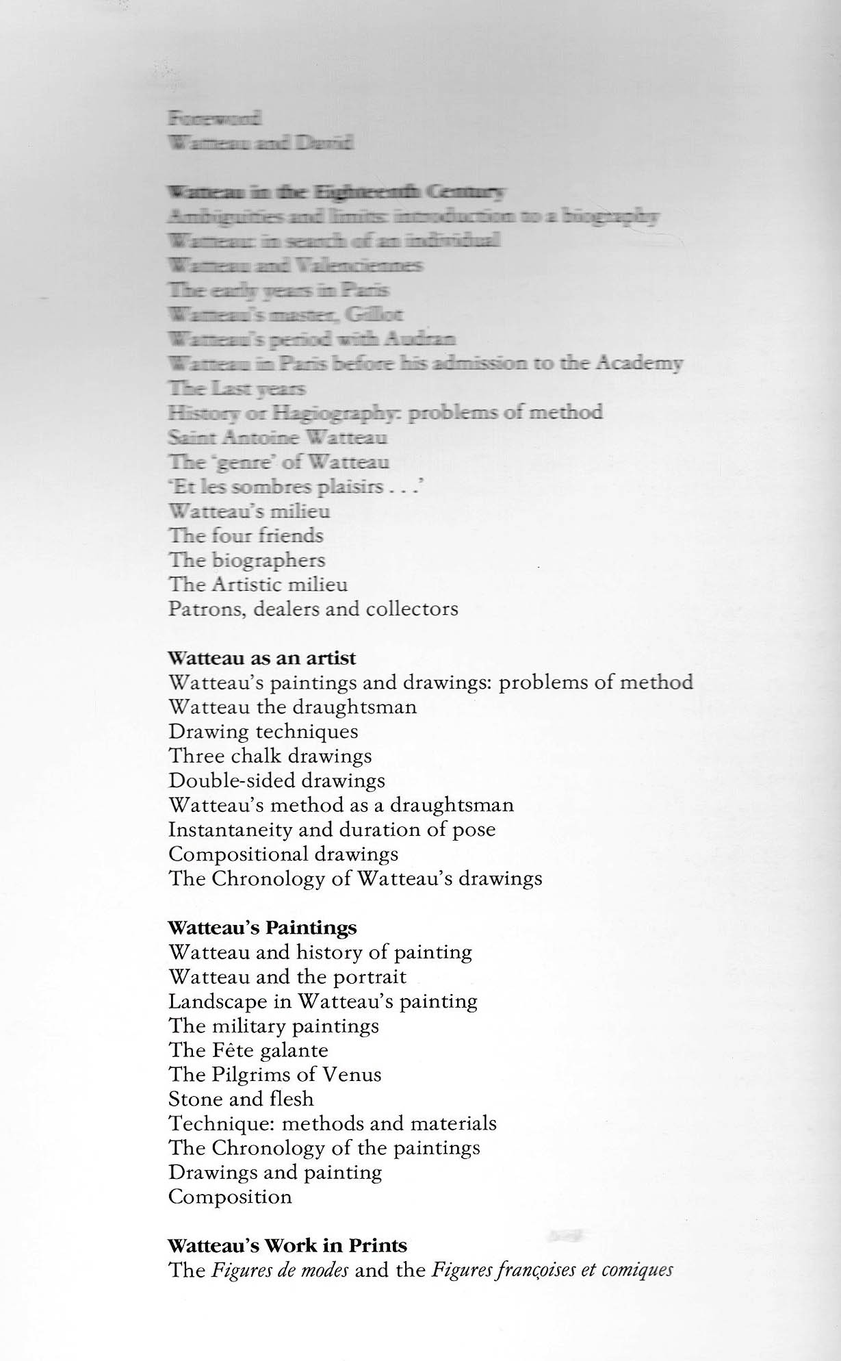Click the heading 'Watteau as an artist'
pos(262,659)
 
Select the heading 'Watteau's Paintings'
pos(262,928)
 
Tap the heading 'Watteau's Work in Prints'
pos(287,1245)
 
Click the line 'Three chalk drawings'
pos(270,756)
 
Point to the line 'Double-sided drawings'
pos(276,781)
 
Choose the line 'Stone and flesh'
pos(241,1099)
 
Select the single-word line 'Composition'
pos(230,1197)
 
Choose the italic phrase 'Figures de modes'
pos(280,1271)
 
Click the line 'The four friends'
pos(246,536)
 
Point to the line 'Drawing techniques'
pos(263,732)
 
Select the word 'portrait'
pos(372,977)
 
